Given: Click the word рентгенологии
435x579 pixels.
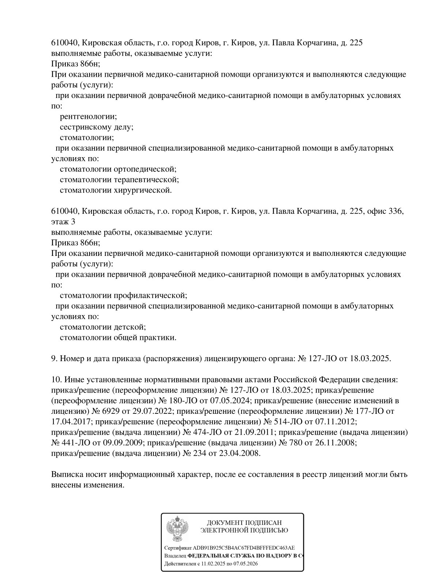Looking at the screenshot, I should click(88, 117).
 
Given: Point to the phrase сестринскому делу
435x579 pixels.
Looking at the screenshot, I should click(97, 127).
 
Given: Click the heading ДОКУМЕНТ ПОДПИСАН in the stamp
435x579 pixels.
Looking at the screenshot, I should click(244, 523).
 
